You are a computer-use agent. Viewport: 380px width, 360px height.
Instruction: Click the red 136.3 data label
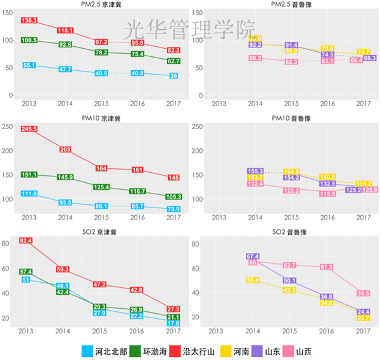click(x=29, y=20)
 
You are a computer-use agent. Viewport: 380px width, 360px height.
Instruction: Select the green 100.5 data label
click(x=29, y=40)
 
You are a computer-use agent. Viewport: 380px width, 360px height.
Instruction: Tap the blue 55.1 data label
click(x=29, y=65)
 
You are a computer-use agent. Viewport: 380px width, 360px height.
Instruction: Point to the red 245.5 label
click(x=29, y=129)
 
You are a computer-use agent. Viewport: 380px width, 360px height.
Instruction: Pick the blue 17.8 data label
click(x=173, y=323)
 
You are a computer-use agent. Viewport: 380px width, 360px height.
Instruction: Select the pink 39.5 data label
click(x=363, y=293)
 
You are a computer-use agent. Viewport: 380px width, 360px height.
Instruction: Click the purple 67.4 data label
click(x=252, y=256)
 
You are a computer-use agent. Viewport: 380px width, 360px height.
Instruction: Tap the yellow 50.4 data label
click(x=253, y=280)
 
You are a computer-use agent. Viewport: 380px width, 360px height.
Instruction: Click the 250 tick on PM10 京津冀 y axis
click(x=8, y=127)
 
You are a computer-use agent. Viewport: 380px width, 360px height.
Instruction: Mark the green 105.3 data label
click(x=173, y=197)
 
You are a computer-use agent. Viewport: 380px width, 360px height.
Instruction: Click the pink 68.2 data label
click(x=255, y=58)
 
